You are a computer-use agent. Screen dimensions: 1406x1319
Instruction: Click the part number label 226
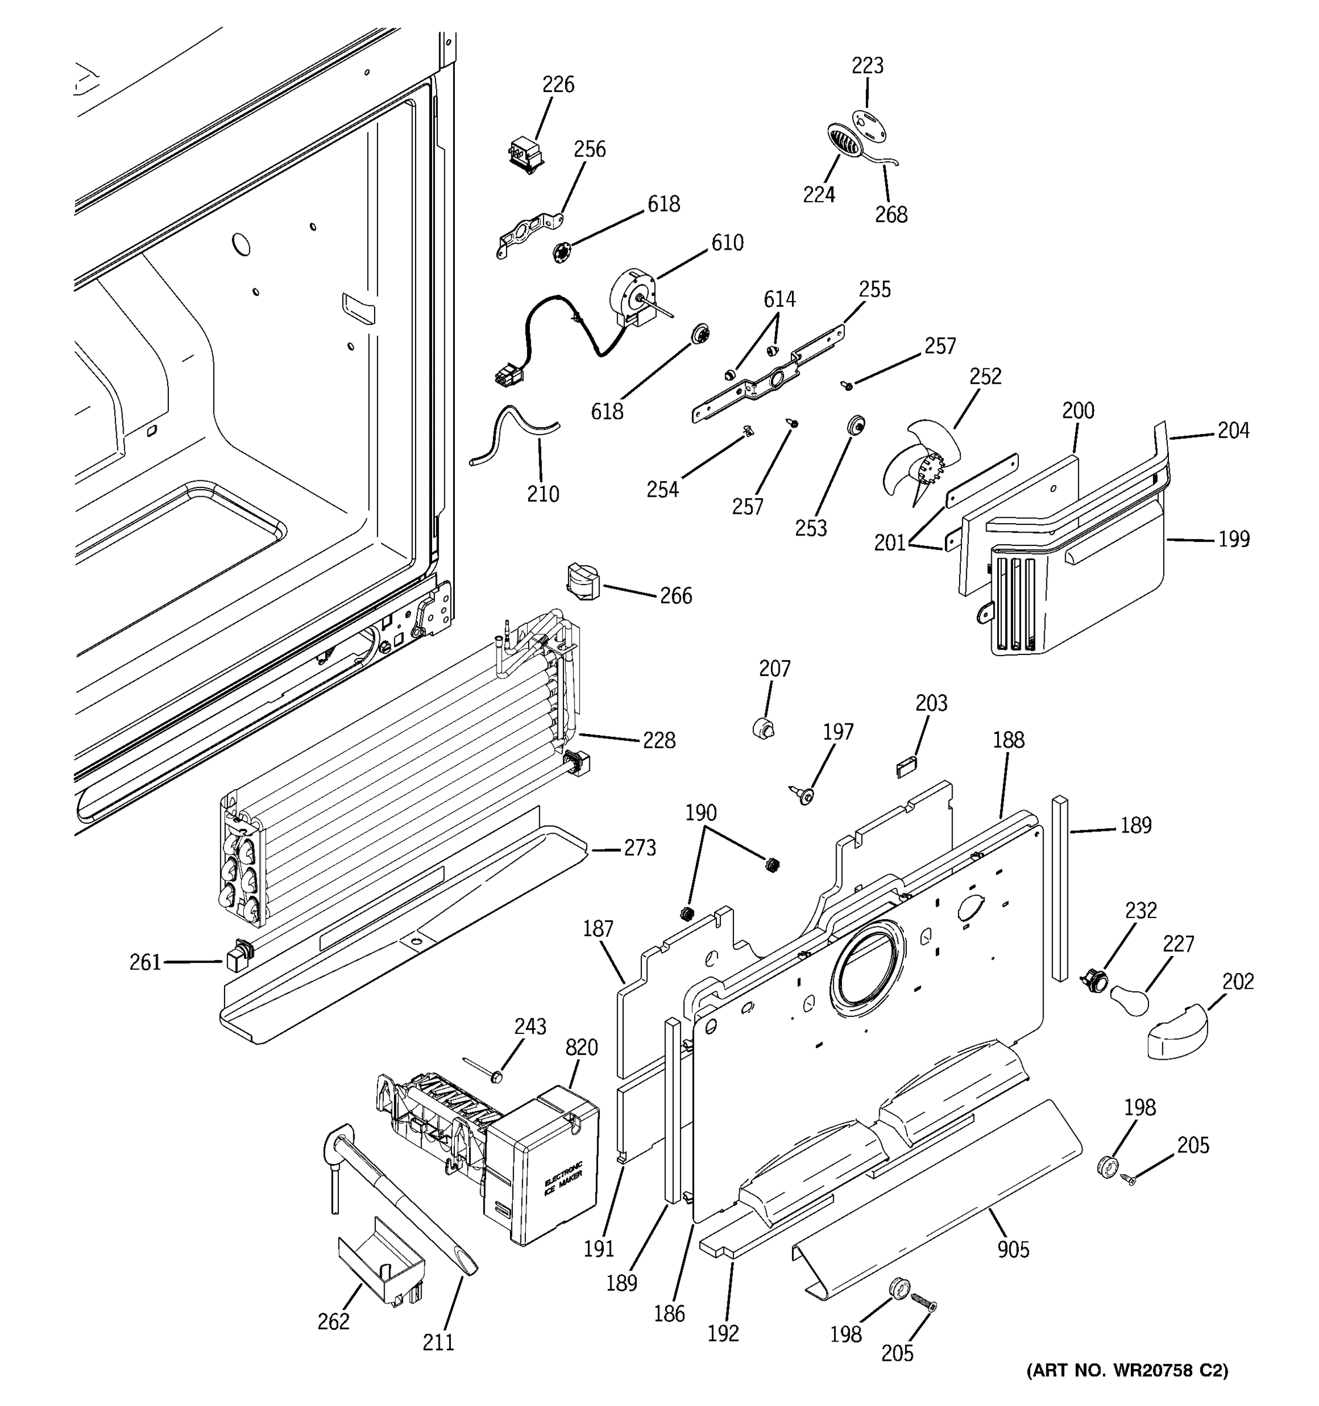pyautogui.click(x=557, y=85)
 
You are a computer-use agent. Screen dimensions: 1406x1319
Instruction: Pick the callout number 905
pyautogui.click(x=1012, y=1250)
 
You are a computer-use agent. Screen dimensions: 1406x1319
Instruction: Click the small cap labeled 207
pyautogui.click(x=763, y=728)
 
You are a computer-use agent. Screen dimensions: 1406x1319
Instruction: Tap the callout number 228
pyautogui.click(x=658, y=740)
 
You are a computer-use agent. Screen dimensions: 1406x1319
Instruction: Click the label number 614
pyautogui.click(x=779, y=300)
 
